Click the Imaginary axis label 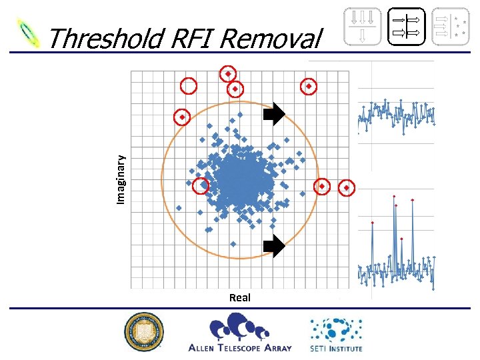(121, 179)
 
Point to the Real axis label (239, 297)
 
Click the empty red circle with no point (189, 86)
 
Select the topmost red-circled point (228, 73)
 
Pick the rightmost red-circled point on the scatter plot (346, 188)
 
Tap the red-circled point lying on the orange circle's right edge (321, 186)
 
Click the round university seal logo (143, 332)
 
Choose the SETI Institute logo (335, 334)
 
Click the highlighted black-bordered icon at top (407, 26)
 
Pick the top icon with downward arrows (362, 26)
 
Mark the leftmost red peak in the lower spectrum (373, 222)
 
